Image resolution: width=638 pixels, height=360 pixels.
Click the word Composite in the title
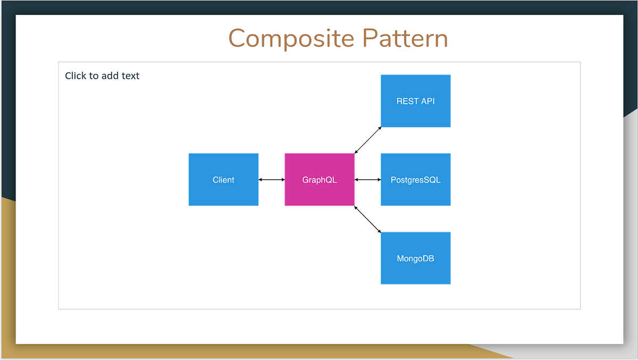click(x=291, y=39)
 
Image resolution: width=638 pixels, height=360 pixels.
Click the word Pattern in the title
click(x=405, y=39)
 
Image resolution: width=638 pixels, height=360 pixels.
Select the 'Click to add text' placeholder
click(x=102, y=76)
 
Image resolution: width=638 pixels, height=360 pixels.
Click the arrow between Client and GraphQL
click(x=272, y=180)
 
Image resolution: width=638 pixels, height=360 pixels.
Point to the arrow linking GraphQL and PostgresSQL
click(x=368, y=180)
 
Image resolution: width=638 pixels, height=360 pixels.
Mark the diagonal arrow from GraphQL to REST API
click(x=368, y=140)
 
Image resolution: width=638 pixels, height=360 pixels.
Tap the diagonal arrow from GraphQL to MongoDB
click(x=368, y=219)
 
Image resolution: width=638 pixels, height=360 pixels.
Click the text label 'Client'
click(x=223, y=180)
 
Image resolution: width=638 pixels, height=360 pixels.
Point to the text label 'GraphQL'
click(x=320, y=180)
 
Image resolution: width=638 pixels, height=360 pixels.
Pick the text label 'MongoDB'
click(x=416, y=259)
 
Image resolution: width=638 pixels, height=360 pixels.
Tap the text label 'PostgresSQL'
click(x=416, y=180)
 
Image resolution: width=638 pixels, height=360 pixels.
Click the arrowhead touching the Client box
click(x=261, y=180)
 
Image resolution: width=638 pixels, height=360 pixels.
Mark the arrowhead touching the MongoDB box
click(x=379, y=231)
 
